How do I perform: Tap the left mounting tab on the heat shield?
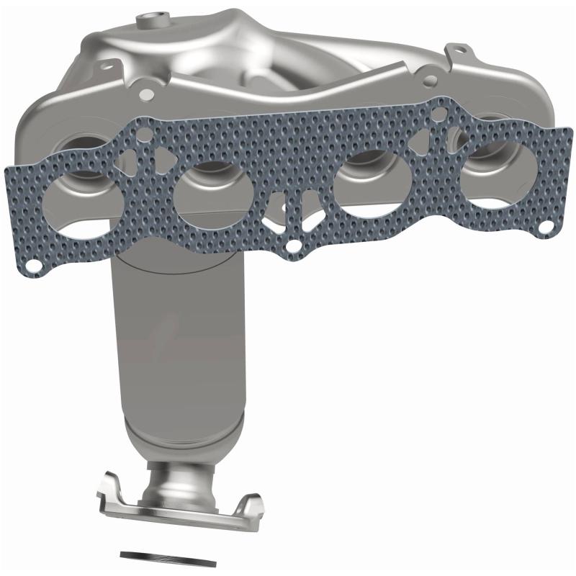pos(148,92)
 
